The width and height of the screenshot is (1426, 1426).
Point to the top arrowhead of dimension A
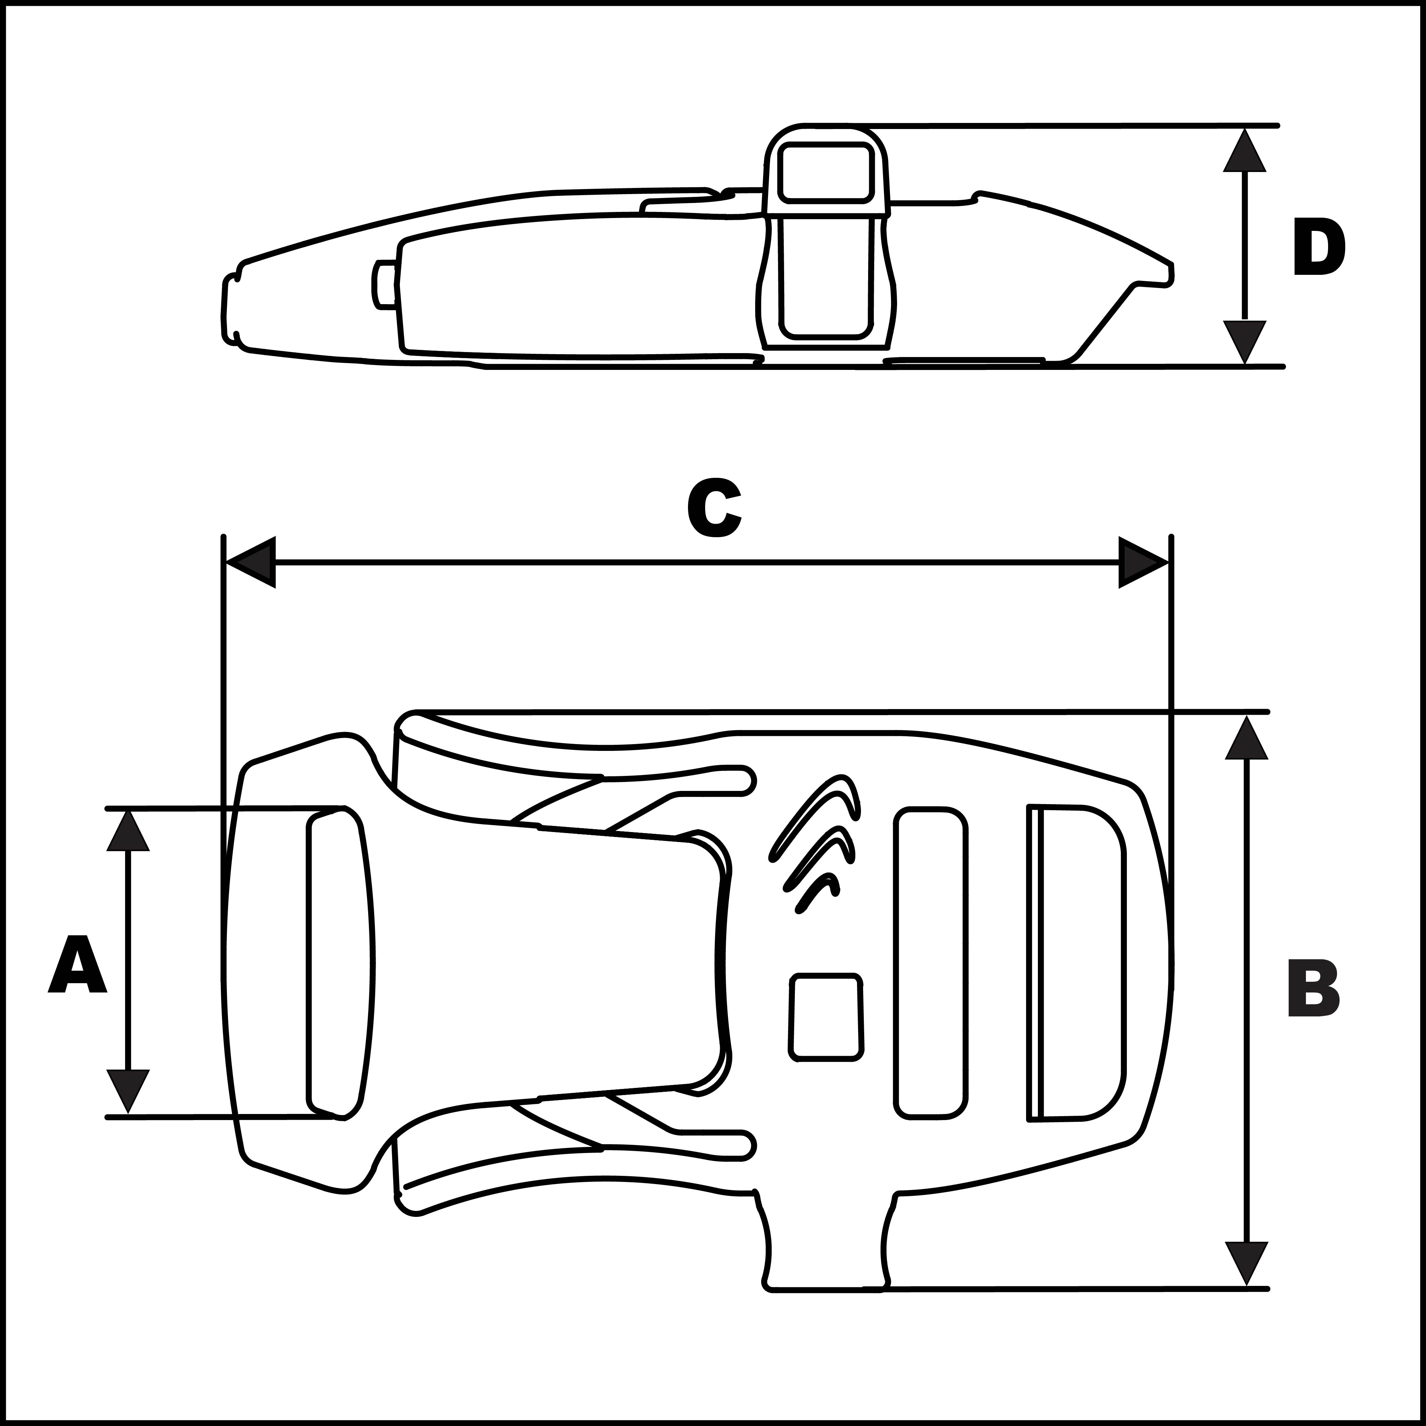tap(128, 830)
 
